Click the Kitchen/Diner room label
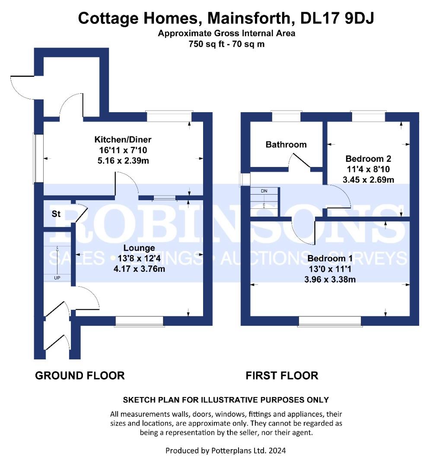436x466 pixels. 123,139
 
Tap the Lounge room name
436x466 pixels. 139,248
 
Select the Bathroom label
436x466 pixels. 286,145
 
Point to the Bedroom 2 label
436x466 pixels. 368,158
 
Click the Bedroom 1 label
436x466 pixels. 330,258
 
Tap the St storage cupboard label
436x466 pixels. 56,214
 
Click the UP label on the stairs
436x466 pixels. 57,278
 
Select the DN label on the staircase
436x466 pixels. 264,191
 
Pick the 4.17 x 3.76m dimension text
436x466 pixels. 139,269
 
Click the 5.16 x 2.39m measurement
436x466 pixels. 123,161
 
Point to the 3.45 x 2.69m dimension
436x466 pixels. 368,180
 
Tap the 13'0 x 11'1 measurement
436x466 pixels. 330,269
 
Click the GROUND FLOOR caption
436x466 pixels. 80,376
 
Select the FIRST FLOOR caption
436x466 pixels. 282,376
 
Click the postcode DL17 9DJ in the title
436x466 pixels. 337,18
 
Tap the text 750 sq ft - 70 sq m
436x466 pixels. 226,44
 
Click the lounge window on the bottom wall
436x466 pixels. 139,321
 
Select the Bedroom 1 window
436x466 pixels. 330,321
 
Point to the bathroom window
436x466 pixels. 286,116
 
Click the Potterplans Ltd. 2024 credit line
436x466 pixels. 226,451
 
